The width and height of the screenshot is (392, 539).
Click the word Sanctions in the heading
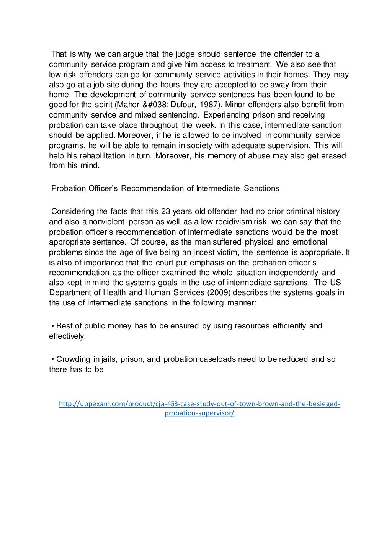coord(261,188)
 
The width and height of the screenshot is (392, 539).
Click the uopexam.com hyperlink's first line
coord(199,404)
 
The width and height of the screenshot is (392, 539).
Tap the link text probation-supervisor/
coord(199,413)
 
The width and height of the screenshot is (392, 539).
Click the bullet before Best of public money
coord(52,326)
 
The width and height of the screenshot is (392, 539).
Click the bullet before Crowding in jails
coord(52,359)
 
